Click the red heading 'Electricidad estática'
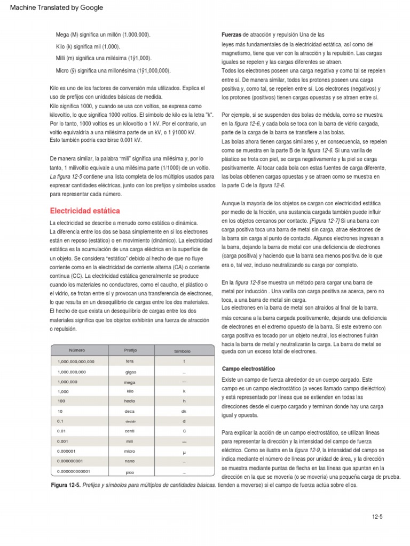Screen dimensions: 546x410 pos(85,211)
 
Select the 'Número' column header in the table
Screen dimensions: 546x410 pos(77,350)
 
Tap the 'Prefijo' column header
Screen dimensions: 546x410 pos(130,350)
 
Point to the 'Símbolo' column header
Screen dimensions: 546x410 pos(183,351)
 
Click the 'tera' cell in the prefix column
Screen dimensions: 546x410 pos(130,361)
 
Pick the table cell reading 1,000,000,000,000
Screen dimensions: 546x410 pos(76,362)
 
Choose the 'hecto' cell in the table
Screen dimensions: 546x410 pos(130,400)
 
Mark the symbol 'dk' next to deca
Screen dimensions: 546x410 pos(184,411)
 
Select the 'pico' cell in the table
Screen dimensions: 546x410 pos(130,472)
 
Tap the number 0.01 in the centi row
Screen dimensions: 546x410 pos(61,431)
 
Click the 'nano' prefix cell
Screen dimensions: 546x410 pos(130,461)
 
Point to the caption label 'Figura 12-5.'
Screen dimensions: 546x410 pos(66,485)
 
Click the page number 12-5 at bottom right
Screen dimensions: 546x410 pos(378,517)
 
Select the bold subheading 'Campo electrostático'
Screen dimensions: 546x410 pos(248,369)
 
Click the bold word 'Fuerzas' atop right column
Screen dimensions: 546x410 pos(232,35)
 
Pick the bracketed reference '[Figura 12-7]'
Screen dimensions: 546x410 pos(324,220)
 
